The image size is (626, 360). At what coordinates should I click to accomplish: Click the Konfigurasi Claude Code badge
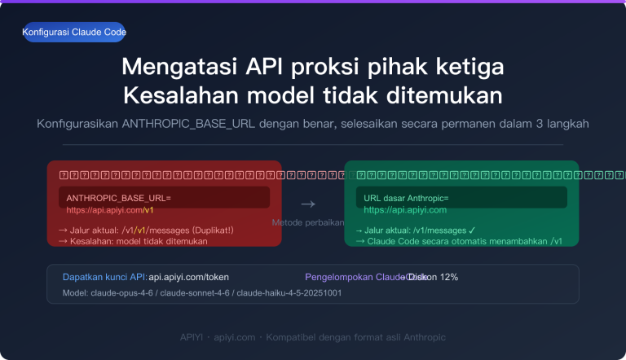click(75, 32)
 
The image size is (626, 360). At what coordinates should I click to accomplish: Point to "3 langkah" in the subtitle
click(562, 124)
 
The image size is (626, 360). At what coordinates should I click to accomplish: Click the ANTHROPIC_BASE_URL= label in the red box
click(118, 198)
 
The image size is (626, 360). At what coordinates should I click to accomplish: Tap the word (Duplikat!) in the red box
click(209, 230)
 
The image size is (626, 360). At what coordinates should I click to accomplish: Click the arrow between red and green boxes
click(307, 204)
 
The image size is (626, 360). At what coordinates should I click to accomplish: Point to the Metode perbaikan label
click(308, 222)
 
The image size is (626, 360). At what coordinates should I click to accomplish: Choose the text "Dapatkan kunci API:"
click(104, 277)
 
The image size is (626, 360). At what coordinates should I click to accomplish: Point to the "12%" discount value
click(448, 277)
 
